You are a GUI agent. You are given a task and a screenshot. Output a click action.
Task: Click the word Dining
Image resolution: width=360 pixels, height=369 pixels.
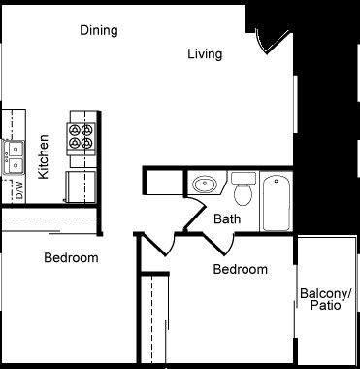click(x=99, y=30)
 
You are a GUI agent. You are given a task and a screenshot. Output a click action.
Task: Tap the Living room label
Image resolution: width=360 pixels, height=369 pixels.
click(x=205, y=54)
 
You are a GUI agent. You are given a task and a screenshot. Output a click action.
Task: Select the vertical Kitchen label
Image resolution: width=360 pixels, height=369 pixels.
click(x=43, y=156)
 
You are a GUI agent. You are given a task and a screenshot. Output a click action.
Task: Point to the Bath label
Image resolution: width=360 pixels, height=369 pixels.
click(x=227, y=219)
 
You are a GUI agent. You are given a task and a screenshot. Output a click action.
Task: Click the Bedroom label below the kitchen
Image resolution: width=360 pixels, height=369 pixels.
click(x=71, y=258)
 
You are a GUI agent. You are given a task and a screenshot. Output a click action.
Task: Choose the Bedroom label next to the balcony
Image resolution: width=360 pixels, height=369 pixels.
click(x=240, y=269)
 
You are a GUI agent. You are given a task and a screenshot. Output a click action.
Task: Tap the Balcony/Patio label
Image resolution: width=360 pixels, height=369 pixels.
click(x=326, y=299)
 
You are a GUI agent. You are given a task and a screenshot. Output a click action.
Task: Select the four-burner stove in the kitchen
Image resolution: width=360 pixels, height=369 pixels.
click(x=81, y=138)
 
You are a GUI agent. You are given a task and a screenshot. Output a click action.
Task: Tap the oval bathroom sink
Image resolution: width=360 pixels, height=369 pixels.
click(x=205, y=184)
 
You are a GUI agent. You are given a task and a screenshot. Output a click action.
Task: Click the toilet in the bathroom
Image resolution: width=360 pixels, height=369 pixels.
click(x=243, y=190)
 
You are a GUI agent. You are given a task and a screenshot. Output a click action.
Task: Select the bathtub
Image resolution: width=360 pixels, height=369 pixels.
click(x=278, y=201)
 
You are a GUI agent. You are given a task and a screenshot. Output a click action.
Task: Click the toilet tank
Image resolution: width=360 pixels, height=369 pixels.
click(x=243, y=178)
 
